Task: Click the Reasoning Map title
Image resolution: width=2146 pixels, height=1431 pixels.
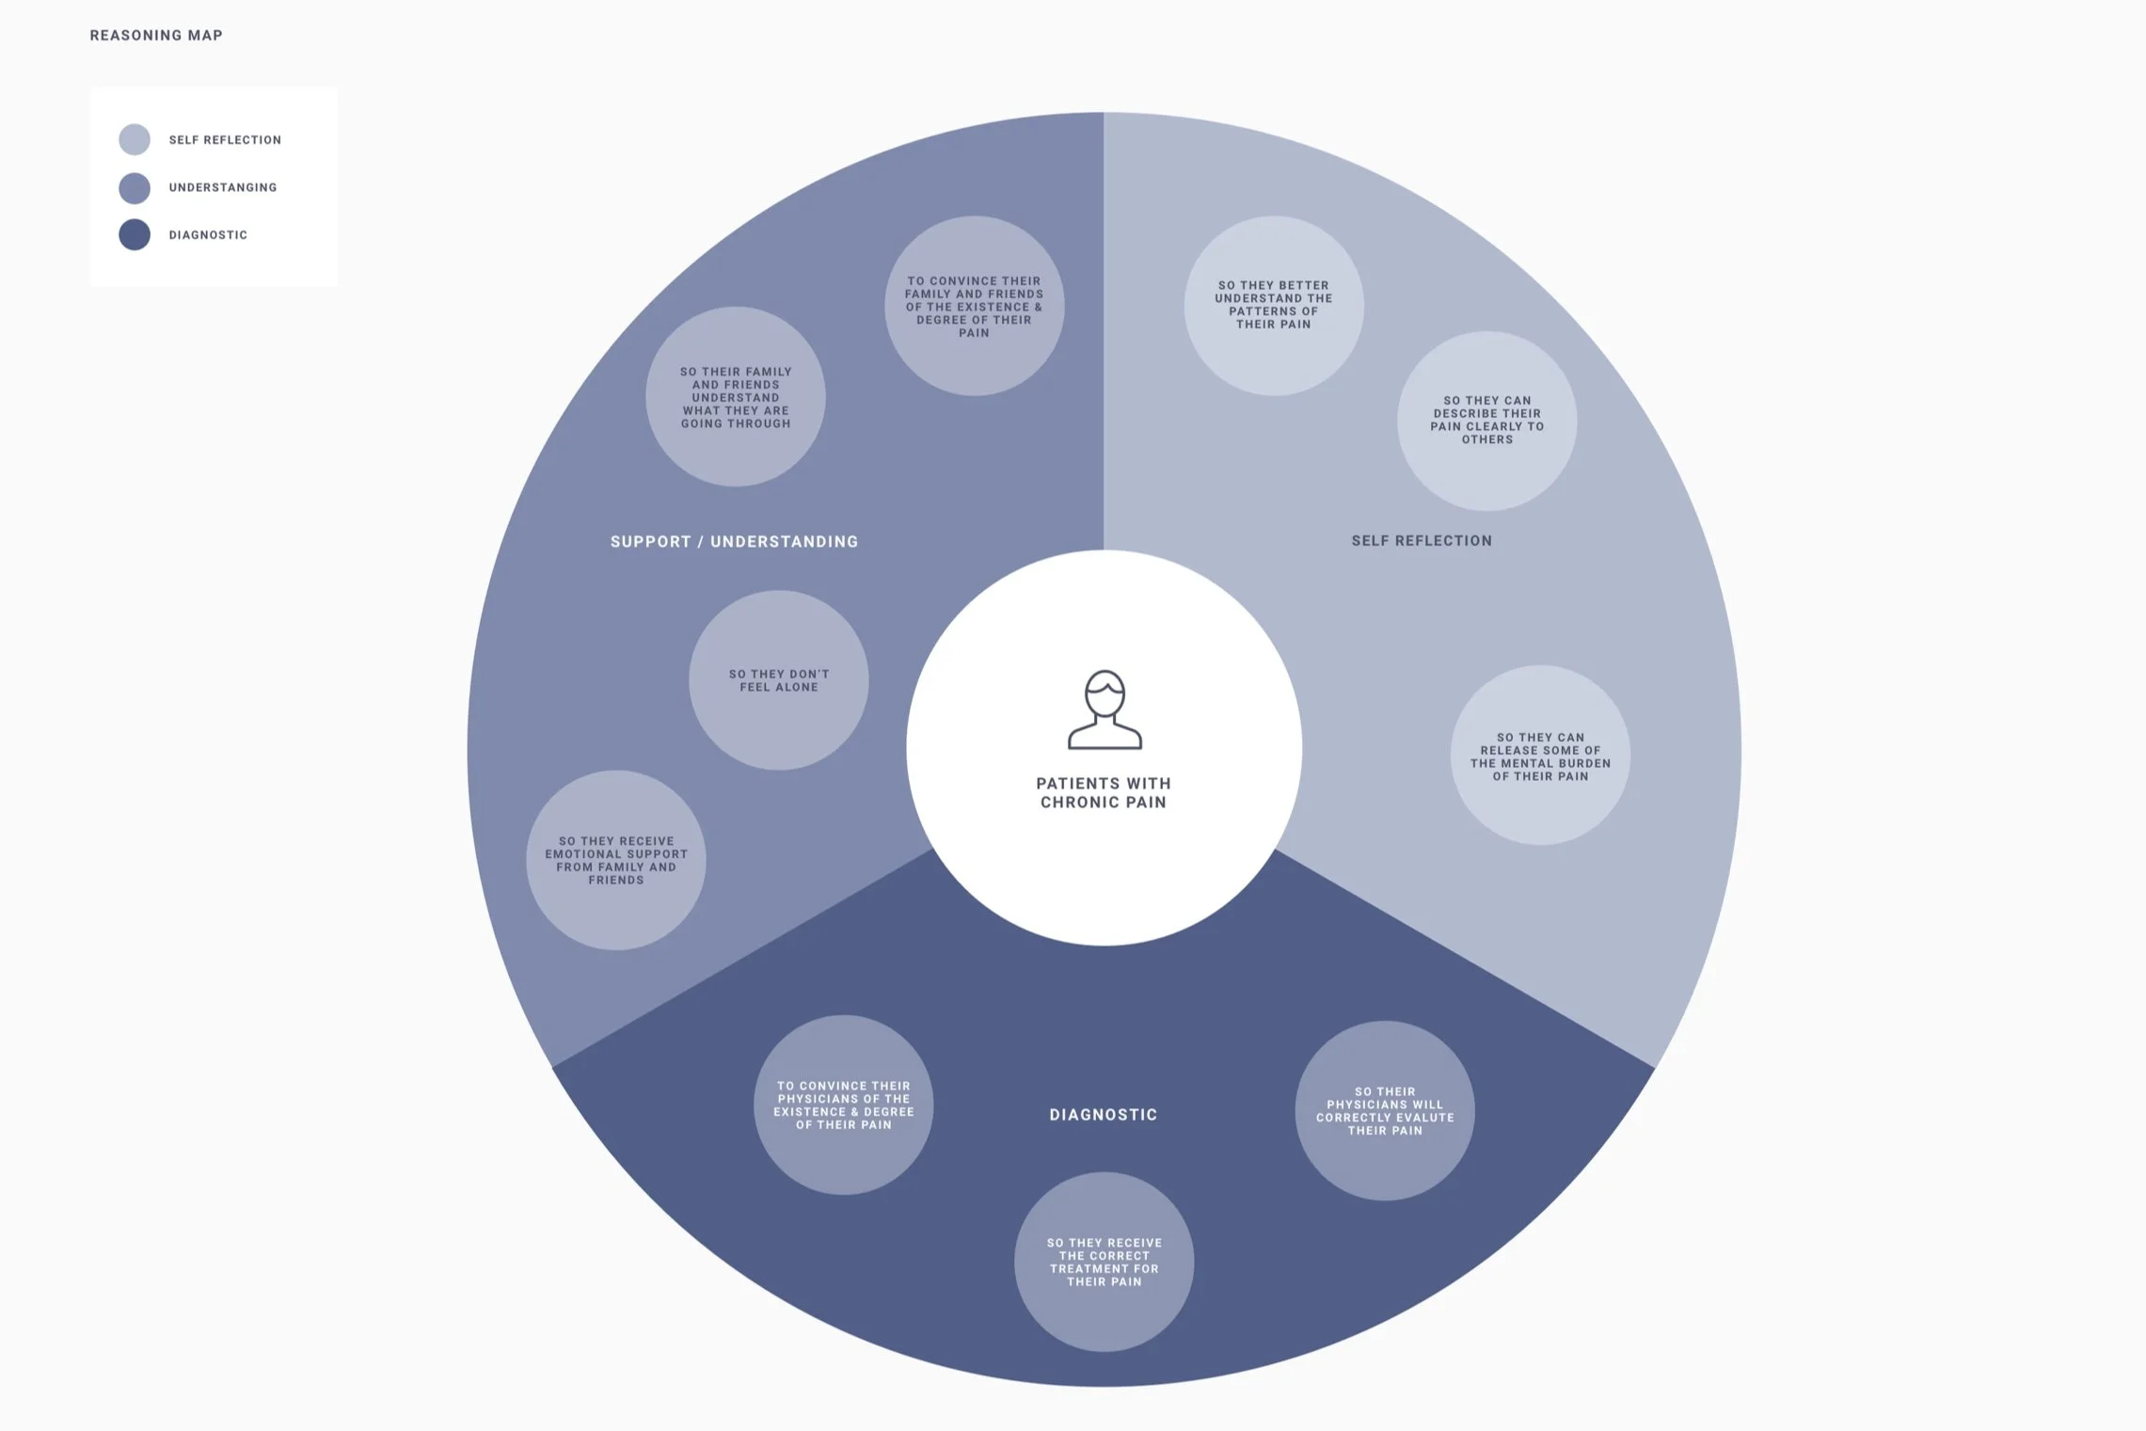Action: (x=156, y=36)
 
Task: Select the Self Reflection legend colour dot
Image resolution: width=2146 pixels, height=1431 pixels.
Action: (x=135, y=139)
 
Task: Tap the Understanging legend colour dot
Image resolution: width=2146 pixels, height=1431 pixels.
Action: (x=135, y=187)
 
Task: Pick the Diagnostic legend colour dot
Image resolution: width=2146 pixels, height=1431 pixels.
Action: (x=135, y=234)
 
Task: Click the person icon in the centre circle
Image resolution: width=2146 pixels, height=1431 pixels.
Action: (x=1105, y=709)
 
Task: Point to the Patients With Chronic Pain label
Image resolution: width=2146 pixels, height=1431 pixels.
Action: (x=1104, y=792)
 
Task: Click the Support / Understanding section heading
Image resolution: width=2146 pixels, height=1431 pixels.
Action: (x=734, y=542)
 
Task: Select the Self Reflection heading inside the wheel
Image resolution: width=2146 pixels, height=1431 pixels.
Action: (x=1422, y=541)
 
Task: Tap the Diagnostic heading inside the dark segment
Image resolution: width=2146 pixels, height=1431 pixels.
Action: (x=1104, y=1115)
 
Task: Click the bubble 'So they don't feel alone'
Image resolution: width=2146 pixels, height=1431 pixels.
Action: (x=779, y=680)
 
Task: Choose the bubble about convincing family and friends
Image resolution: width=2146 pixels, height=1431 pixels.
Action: (x=974, y=307)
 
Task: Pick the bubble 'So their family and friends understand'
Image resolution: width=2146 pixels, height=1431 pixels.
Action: (x=736, y=397)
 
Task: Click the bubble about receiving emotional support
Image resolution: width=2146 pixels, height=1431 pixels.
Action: (x=616, y=860)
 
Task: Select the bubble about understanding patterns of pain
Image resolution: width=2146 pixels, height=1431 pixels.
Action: (x=1274, y=305)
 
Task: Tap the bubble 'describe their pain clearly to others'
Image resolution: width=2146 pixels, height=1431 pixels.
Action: (x=1487, y=421)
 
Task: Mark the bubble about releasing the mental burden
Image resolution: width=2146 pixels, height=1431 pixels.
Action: (x=1540, y=756)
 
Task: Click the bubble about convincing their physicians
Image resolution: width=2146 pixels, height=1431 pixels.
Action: (x=844, y=1105)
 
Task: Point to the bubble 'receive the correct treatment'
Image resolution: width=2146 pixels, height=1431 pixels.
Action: (x=1105, y=1262)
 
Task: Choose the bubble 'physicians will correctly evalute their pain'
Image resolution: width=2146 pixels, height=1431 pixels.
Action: (x=1385, y=1111)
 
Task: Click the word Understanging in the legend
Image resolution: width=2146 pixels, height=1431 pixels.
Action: (x=223, y=187)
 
